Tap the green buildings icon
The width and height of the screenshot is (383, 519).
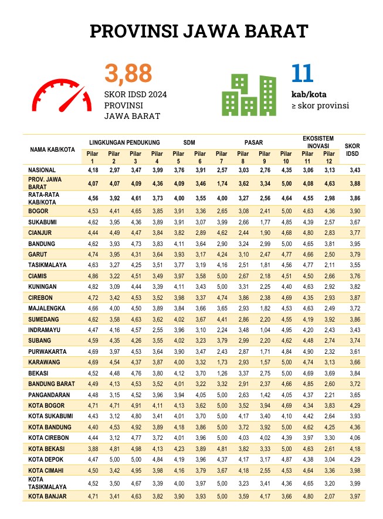[249, 95]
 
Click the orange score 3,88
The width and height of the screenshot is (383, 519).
[128, 74]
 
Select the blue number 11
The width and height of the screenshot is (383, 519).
[302, 73]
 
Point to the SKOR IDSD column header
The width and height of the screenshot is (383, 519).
[352, 149]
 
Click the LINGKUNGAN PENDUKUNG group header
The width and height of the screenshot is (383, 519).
[125, 142]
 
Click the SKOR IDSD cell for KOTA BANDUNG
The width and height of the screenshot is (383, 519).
[352, 427]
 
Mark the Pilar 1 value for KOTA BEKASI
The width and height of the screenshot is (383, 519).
[93, 448]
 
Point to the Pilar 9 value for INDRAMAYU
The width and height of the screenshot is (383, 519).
[264, 330]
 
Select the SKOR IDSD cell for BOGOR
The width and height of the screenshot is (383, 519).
[352, 211]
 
